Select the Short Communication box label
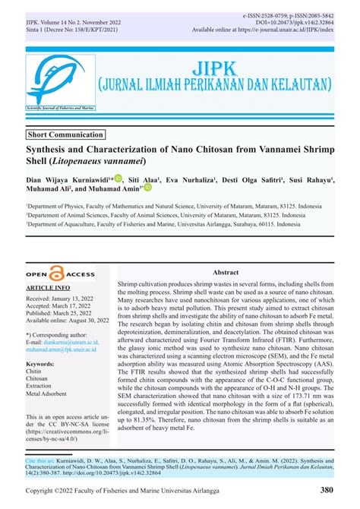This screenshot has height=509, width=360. [x=65, y=134]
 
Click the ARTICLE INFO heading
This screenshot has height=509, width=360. [x=49, y=289]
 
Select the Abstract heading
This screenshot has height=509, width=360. [x=226, y=272]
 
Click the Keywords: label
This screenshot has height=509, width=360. [x=40, y=365]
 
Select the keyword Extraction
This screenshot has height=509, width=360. [x=43, y=385]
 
